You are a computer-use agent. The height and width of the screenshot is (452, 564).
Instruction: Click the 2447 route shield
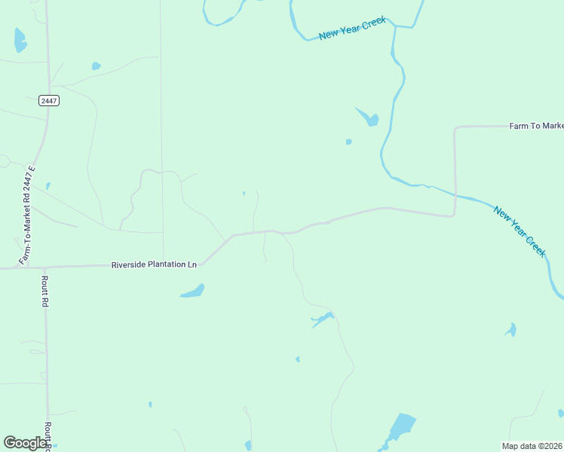(x=48, y=100)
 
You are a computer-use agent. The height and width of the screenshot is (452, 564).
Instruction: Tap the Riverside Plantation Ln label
(x=154, y=264)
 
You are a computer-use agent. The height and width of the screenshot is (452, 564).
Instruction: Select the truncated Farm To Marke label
(x=536, y=126)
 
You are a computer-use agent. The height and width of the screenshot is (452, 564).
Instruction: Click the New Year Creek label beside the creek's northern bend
(x=352, y=28)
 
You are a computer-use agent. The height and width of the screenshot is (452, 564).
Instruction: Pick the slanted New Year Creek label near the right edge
(x=519, y=231)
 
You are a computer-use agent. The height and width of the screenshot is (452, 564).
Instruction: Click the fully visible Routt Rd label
(x=45, y=291)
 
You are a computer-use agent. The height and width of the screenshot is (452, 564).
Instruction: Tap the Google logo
(x=26, y=442)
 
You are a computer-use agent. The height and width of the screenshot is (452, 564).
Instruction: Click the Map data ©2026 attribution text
(x=532, y=446)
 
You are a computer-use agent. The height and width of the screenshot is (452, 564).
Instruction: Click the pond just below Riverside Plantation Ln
(x=193, y=291)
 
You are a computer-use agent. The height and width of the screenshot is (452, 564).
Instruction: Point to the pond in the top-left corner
(x=20, y=40)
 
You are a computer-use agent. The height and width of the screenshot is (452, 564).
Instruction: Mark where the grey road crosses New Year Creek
(x=455, y=194)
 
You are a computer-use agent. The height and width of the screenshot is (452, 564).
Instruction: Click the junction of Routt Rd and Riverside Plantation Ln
(x=44, y=267)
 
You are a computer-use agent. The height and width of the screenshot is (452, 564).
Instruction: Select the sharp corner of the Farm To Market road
(x=455, y=128)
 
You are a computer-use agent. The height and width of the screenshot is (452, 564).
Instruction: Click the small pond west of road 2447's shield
(x=48, y=185)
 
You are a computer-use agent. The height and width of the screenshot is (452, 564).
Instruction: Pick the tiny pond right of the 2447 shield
(x=96, y=66)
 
